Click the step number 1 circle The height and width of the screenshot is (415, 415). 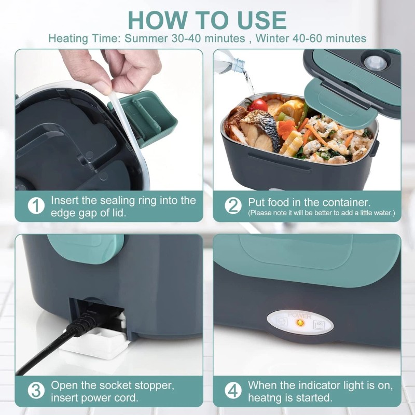tap(35, 205)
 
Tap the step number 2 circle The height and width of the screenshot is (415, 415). tap(233, 205)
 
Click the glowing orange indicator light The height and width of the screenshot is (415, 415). tap(299, 323)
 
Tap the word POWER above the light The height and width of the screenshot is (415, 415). tap(299, 315)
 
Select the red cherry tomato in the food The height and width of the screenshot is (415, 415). tap(258, 105)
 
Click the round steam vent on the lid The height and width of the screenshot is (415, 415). tap(375, 63)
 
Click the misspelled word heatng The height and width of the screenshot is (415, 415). tap(268, 399)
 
